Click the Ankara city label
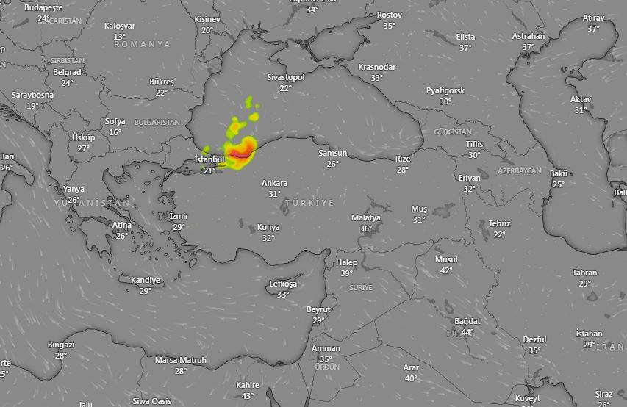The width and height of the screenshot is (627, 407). [274, 183]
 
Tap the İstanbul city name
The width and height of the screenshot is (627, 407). [209, 159]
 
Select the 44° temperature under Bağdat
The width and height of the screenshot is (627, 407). [467, 332]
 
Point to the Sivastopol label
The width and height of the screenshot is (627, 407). [285, 76]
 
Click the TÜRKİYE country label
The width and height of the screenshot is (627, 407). [309, 203]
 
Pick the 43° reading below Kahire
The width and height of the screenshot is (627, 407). [248, 396]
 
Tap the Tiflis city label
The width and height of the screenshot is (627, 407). [474, 144]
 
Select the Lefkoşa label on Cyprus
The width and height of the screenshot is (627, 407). [283, 284]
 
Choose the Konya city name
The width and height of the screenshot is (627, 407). [268, 228]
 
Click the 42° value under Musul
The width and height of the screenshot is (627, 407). [446, 270]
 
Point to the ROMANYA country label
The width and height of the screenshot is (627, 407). [143, 44]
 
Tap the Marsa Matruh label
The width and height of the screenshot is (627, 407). [181, 360]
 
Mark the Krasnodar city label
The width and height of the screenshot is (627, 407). [377, 67]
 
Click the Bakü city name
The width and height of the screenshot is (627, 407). [559, 173]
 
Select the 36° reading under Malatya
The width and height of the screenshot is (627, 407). [366, 228]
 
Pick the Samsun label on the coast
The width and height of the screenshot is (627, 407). [332, 153]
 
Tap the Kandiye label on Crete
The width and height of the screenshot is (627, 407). [145, 280]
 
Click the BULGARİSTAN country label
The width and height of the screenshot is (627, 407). [157, 122]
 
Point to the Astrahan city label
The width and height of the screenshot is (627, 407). [529, 36]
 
